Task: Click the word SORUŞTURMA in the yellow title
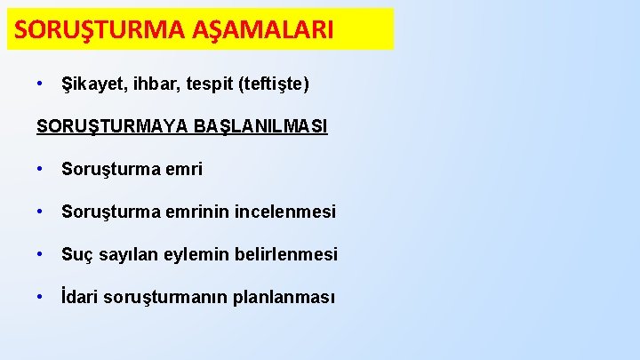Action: [x=99, y=29]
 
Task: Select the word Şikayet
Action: [x=92, y=84]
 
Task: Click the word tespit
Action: [x=202, y=84]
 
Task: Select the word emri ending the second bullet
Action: [x=183, y=169]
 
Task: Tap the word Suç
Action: [x=77, y=254]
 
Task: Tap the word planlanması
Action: [x=284, y=297]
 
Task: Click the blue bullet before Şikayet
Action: [x=41, y=84]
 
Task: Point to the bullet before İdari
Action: [x=41, y=297]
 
